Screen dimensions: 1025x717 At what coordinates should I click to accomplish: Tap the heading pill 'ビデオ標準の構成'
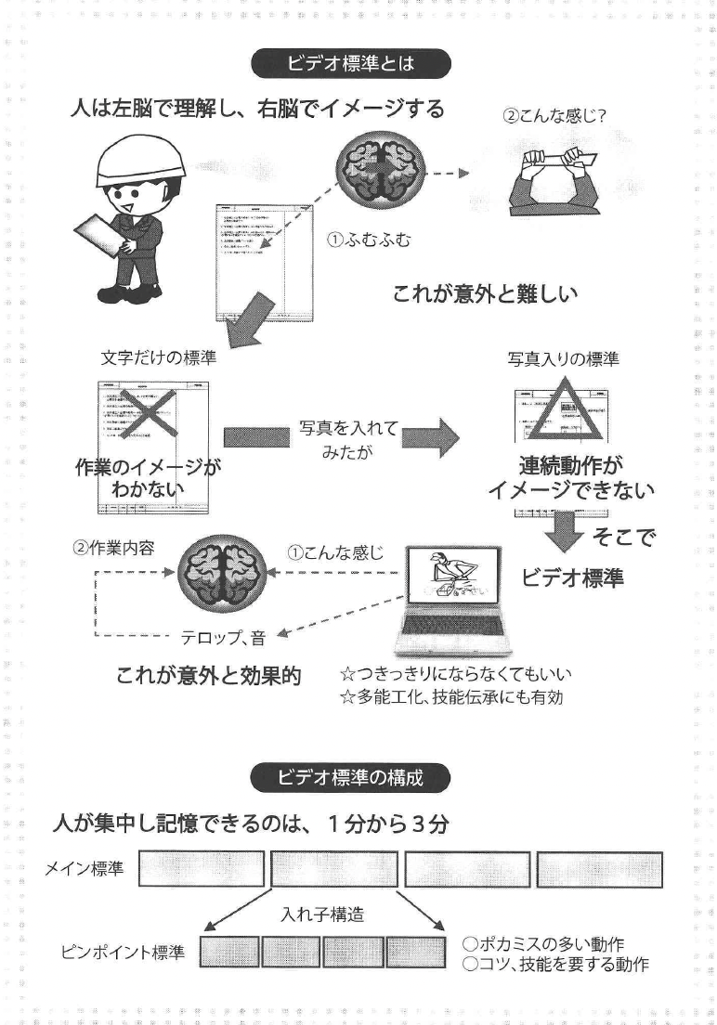click(x=350, y=777)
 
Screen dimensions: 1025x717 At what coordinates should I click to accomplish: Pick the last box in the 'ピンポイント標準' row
click(x=416, y=953)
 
